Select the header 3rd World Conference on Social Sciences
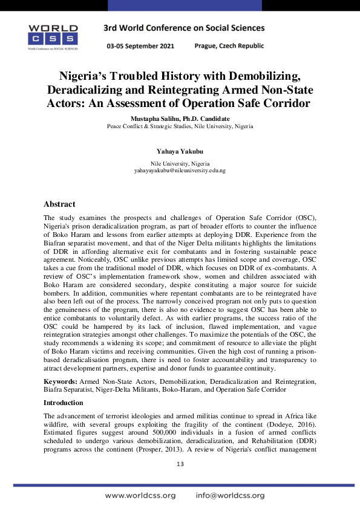(184, 28)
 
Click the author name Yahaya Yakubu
(180, 152)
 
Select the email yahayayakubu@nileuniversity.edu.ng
(180, 171)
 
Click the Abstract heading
(59, 204)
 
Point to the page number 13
(180, 464)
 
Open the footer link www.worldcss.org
(140, 495)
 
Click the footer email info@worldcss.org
(230, 495)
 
